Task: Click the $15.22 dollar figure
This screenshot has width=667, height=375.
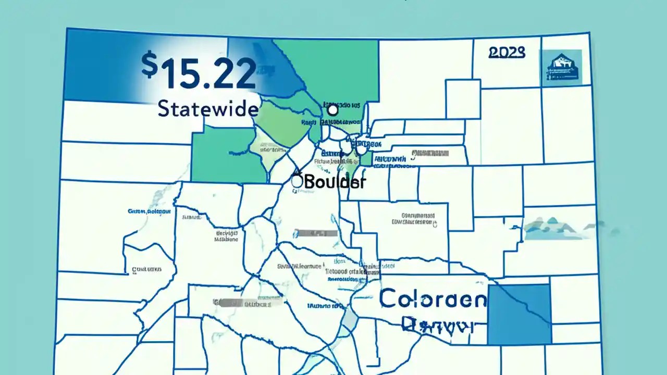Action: (199, 72)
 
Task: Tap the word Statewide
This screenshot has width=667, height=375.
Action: (207, 109)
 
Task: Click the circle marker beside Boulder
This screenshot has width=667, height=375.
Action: (297, 181)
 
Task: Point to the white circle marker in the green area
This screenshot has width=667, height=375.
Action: (332, 110)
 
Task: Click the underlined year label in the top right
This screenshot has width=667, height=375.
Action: (507, 53)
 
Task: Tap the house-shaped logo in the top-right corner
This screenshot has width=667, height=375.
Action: (561, 68)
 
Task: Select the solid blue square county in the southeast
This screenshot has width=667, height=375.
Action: (519, 314)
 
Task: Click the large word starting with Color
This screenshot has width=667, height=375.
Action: (433, 299)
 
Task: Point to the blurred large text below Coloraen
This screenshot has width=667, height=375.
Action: (438, 326)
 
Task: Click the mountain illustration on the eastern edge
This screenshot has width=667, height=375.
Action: (558, 228)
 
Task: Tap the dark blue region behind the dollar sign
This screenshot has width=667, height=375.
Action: (99, 65)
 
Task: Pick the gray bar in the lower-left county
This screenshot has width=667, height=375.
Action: (248, 302)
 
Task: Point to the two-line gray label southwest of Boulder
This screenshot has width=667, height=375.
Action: (227, 237)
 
